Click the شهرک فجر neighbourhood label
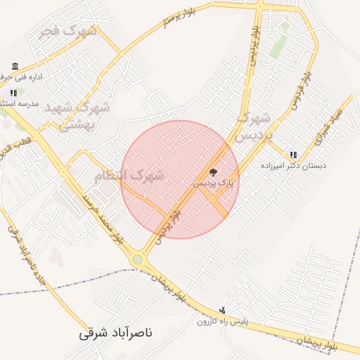point(69,31)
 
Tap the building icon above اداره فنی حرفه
point(15,66)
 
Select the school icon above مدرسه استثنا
point(13,92)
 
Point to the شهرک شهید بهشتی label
point(76,116)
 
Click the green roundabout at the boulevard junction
point(138,259)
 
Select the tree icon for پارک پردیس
point(213,172)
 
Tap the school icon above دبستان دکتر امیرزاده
point(292,155)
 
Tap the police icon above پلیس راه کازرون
point(223,310)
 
